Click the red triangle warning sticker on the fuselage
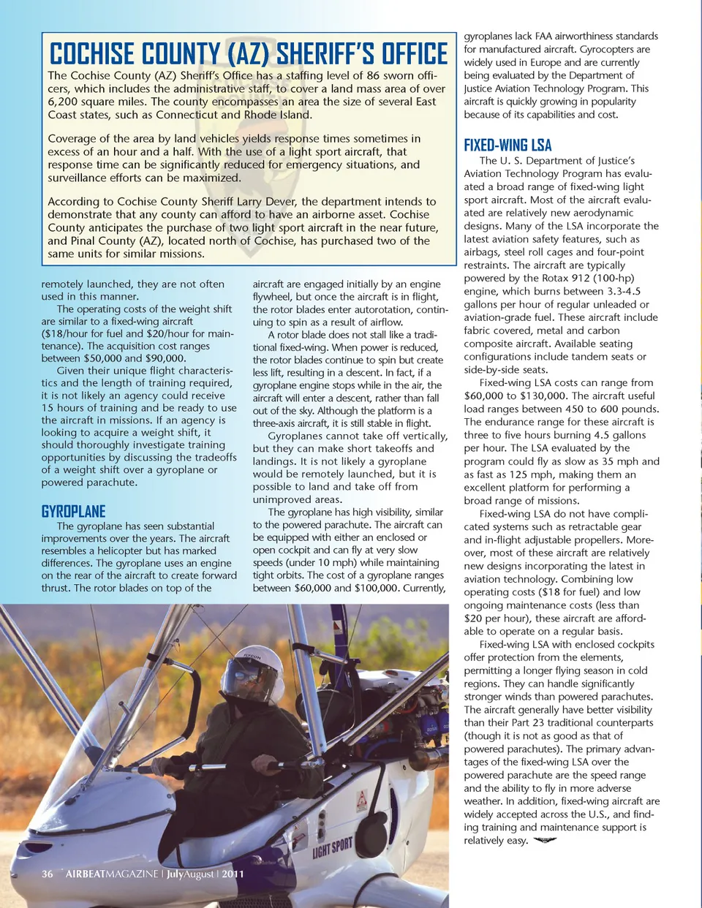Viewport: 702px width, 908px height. pyautogui.click(x=361, y=799)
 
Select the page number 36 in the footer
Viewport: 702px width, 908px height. pyautogui.click(x=48, y=874)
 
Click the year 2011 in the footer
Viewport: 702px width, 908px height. pyautogui.click(x=233, y=874)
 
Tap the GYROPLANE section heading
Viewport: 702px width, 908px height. pyautogui.click(x=73, y=511)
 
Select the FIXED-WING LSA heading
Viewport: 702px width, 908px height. pyautogui.click(x=507, y=145)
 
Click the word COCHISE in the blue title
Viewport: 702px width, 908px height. pyautogui.click(x=92, y=54)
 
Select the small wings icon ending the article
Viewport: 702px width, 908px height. pyautogui.click(x=546, y=841)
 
